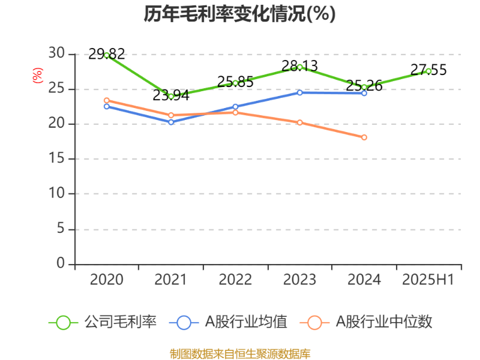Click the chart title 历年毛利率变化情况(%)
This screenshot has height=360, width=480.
coord(239,14)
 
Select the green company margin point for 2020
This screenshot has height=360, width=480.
coord(107,55)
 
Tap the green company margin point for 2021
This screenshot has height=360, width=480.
coord(171,96)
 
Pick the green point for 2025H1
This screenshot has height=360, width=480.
coord(428,71)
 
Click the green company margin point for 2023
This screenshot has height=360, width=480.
coord(300,67)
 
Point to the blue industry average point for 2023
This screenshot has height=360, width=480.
coord(300,92)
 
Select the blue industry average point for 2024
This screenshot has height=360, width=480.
coord(364,93)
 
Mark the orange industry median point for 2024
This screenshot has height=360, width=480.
coord(364,137)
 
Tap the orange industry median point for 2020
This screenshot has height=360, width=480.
coord(107,100)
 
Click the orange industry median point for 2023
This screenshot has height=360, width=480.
coord(300,122)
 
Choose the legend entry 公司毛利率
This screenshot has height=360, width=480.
coord(120,322)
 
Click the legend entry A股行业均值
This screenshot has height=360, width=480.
coord(246,322)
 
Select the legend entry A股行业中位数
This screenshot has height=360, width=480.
coord(384,322)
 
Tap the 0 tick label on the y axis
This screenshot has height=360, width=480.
coord(60,264)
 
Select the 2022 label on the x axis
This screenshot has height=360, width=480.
coord(235,280)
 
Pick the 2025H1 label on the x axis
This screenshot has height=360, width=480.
coord(428,280)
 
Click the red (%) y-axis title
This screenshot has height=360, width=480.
coord(38,76)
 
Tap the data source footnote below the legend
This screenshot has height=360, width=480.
coord(240,353)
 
